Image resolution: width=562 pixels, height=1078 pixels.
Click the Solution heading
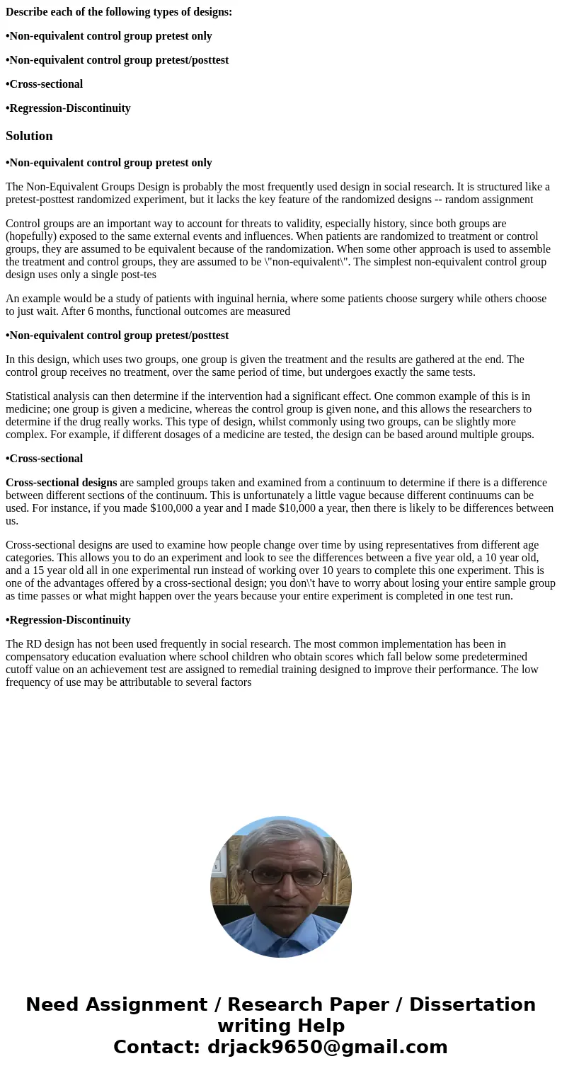(x=29, y=136)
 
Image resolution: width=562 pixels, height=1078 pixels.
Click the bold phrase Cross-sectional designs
(x=61, y=483)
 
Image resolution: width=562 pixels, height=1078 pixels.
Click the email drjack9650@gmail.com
(x=327, y=1047)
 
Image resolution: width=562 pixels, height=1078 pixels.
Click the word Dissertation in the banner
(x=472, y=1004)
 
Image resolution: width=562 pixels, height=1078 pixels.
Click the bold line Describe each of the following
(x=119, y=12)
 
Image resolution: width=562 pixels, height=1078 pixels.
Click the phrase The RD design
(x=39, y=644)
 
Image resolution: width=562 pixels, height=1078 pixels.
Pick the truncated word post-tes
(x=137, y=275)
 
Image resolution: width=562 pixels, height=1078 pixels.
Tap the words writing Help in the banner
(x=281, y=1026)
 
